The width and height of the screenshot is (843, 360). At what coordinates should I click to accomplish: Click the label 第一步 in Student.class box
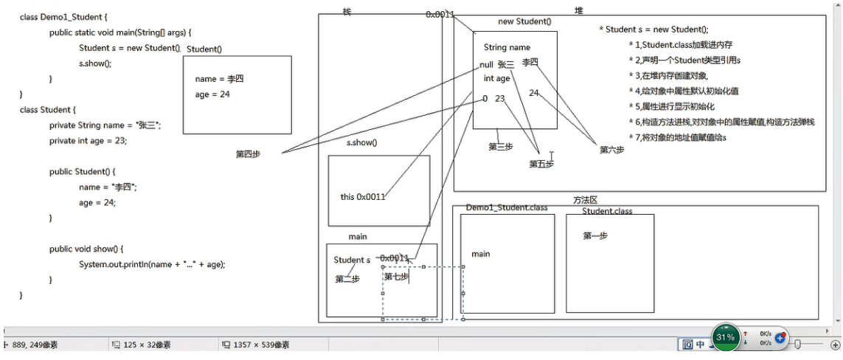point(595,235)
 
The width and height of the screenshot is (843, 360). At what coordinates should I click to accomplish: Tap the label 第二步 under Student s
point(347,279)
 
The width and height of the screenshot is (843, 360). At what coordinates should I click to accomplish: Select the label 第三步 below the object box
point(500,147)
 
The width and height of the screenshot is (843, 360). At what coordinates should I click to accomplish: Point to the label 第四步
point(248,154)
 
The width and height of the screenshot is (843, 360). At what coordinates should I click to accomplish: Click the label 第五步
point(541,164)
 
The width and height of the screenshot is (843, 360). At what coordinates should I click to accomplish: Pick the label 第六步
point(611,150)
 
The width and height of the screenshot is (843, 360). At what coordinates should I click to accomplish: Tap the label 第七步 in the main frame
point(396,277)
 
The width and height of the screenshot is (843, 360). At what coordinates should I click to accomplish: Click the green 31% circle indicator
point(726,337)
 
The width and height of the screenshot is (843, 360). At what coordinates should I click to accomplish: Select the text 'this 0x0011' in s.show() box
point(363,197)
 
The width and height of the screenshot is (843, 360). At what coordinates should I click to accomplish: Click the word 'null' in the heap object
point(485,65)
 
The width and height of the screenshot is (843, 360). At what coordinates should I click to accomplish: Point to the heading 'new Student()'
point(524,21)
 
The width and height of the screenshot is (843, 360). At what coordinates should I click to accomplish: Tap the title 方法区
point(584,200)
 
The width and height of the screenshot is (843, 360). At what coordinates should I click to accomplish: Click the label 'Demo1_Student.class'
point(507,208)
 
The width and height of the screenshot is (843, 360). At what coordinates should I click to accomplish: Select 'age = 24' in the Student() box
point(212,94)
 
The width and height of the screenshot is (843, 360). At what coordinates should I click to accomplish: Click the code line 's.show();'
point(95,63)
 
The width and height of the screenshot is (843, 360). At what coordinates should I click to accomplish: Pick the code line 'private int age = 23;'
point(88,141)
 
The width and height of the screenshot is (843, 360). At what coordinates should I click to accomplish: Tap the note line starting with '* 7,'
point(677,138)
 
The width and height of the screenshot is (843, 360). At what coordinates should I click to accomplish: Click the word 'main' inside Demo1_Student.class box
point(481,255)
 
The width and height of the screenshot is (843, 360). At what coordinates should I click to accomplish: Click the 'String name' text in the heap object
point(507,47)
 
